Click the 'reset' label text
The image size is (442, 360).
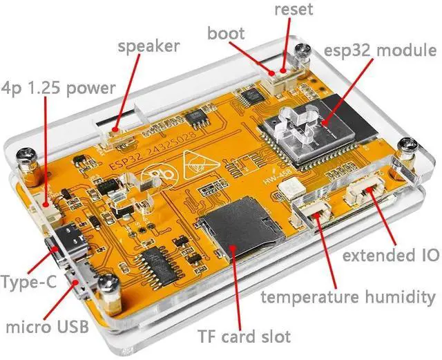[x=293, y=10]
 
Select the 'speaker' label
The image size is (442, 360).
[x=148, y=46]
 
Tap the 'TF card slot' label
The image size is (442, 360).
[x=244, y=337]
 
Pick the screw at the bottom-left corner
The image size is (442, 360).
[x=106, y=283]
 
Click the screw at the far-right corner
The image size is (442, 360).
[x=410, y=146]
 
